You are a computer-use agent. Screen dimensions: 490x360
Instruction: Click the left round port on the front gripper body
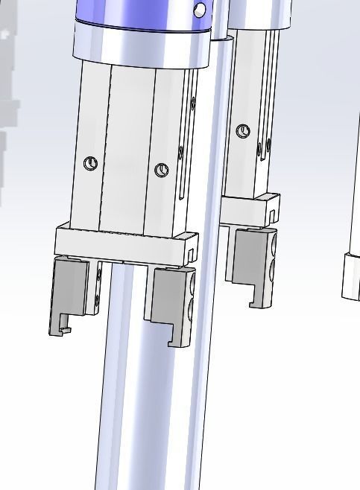(x=91, y=164)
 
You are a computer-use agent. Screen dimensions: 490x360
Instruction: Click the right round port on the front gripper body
(x=161, y=171)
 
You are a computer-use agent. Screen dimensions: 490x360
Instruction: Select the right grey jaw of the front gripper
(x=170, y=302)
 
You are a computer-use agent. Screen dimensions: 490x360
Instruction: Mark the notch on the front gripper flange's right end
(x=192, y=255)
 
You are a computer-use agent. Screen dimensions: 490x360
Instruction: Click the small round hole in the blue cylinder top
(x=199, y=10)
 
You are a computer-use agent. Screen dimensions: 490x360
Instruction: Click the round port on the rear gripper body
(x=242, y=132)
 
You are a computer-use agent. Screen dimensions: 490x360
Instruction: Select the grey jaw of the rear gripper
(x=252, y=261)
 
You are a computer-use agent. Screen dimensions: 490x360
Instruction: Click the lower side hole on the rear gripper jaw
(x=274, y=264)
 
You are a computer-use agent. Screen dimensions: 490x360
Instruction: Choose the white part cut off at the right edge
(x=350, y=276)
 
